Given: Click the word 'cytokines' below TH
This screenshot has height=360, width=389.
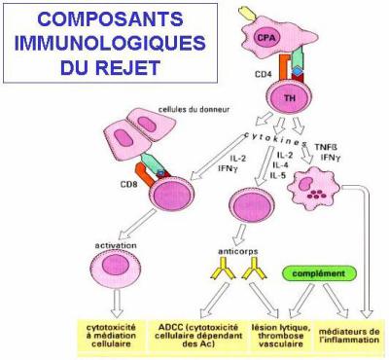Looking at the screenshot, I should click(282, 142).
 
